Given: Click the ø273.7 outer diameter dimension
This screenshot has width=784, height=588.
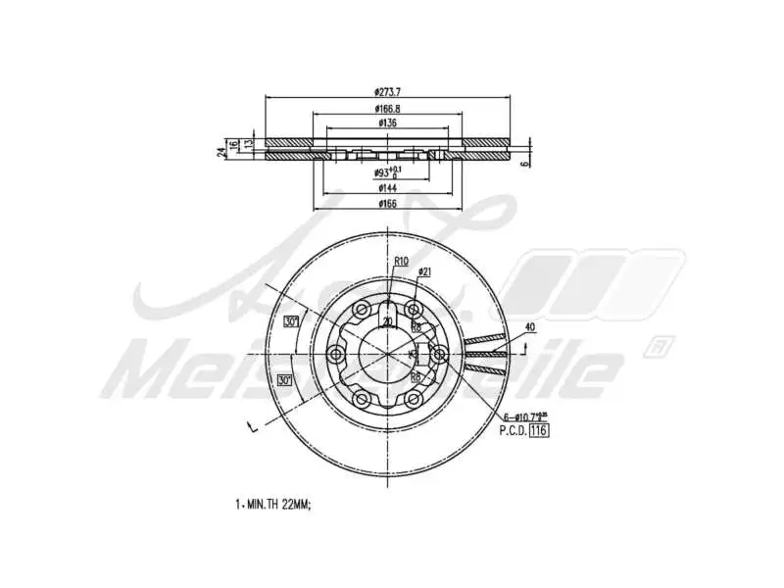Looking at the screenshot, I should pos(388,91).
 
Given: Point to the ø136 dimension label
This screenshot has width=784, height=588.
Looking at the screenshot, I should pos(388,123).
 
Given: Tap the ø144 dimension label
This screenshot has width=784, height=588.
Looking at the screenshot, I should pos(388,187).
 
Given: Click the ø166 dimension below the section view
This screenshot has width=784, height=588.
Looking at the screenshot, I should pos(388,204).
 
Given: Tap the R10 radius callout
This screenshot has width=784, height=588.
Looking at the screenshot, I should pos(401,261).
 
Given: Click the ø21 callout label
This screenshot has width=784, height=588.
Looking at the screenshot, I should pos(425,271).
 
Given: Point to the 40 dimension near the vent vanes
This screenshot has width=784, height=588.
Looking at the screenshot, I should pos(529,326).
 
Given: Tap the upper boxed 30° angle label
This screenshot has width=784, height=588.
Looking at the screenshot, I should pos(291,321).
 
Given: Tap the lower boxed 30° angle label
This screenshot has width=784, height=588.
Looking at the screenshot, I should pos(285,380).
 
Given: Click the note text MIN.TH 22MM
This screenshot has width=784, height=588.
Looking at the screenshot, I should pos(275,504).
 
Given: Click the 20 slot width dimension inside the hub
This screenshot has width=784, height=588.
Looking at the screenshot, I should pos(388,321).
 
